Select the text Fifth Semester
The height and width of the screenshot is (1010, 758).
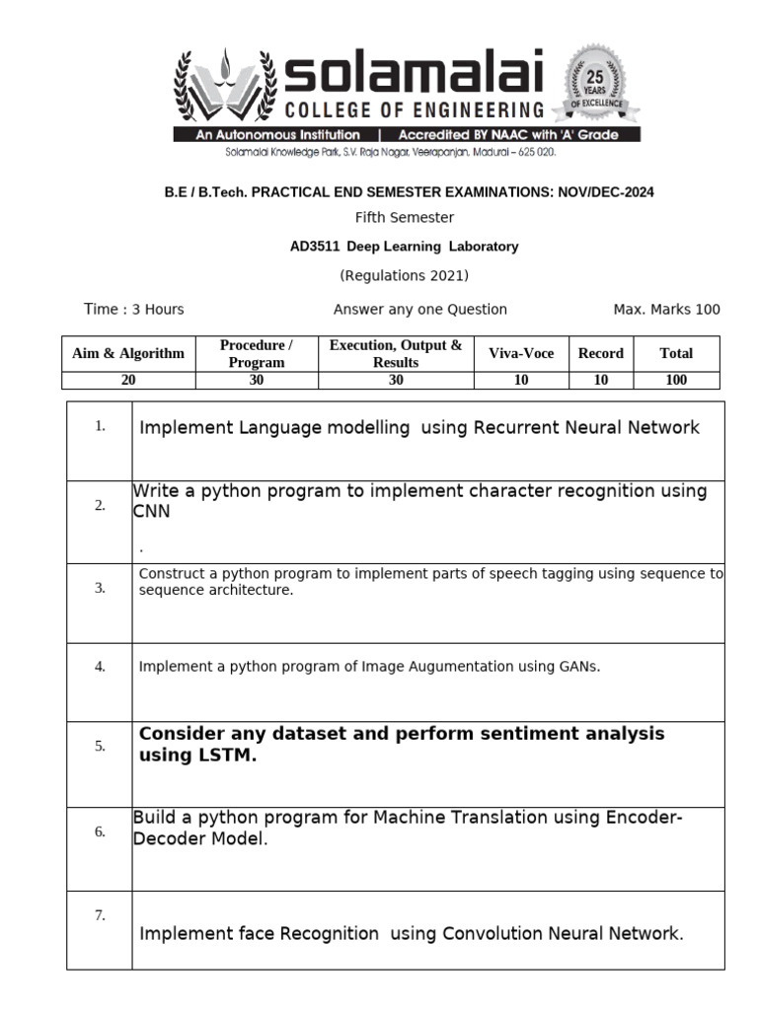click(405, 217)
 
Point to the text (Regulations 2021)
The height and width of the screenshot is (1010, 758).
click(405, 275)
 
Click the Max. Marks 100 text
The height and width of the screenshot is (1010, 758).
click(666, 310)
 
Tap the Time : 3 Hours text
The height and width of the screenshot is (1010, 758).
click(134, 310)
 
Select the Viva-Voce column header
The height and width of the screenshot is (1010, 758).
click(521, 353)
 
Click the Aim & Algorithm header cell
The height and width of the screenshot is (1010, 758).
click(128, 353)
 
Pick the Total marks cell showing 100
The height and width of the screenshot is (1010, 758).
click(676, 380)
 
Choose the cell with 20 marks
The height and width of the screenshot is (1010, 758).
click(128, 380)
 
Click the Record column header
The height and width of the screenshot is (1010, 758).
click(601, 353)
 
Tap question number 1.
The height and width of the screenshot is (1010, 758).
click(100, 427)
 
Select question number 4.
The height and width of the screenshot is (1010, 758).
click(100, 667)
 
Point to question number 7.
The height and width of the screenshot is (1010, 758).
click(100, 915)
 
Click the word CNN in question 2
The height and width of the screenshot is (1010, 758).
click(152, 512)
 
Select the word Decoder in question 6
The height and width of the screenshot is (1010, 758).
click(163, 839)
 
